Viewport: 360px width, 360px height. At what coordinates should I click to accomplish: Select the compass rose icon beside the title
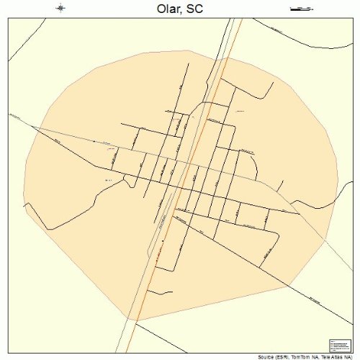pyautogui.click(x=61, y=8)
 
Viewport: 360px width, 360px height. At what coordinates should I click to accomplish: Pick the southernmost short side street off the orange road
pyautogui.click(x=160, y=292)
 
